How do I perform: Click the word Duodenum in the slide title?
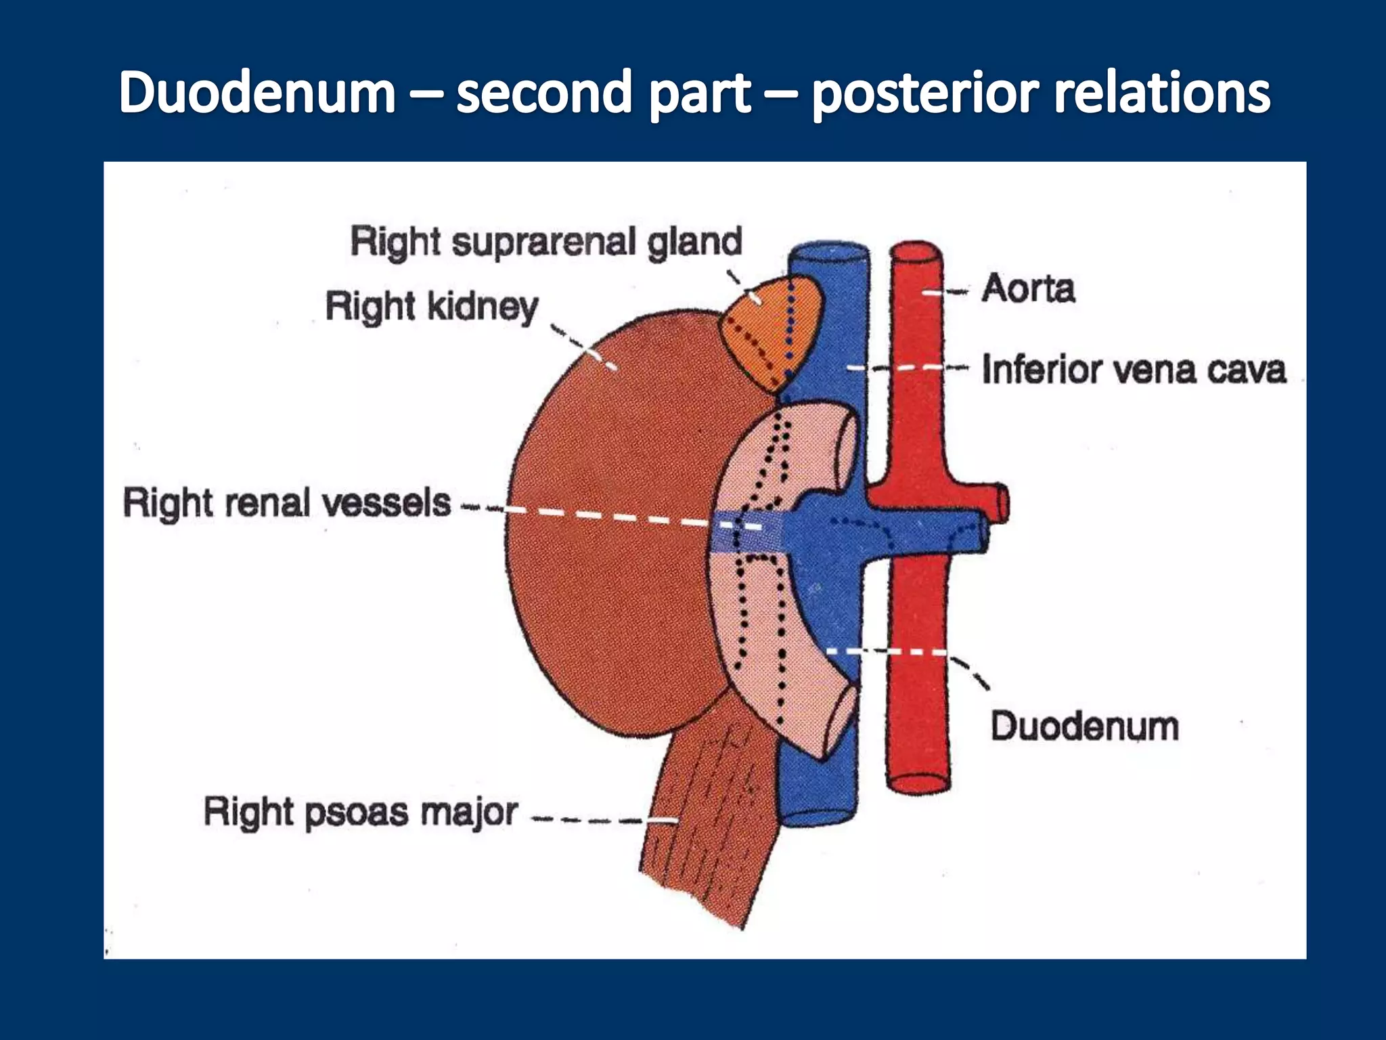257,93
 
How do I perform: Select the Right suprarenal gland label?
546,242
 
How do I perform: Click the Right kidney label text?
432,306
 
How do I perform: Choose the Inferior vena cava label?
1134,370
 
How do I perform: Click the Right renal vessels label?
286,503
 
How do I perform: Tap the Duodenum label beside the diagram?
1084,727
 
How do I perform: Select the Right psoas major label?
361,812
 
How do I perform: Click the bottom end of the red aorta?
918,783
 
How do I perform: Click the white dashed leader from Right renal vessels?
609,517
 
